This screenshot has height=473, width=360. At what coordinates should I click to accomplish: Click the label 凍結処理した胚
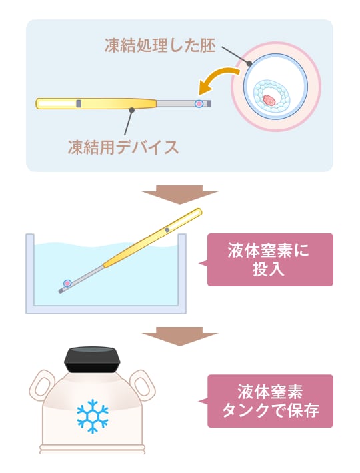tap(160, 45)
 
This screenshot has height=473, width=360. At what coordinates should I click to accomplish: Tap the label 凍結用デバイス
tap(123, 147)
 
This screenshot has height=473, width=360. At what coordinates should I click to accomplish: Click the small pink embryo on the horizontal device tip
tap(199, 104)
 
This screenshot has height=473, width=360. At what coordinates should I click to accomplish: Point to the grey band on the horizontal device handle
tap(79, 103)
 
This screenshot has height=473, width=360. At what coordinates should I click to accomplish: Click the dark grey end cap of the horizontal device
tap(209, 104)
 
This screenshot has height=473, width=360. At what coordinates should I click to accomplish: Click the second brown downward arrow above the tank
tap(180, 336)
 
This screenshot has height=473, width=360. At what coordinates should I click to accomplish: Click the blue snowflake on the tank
tap(93, 416)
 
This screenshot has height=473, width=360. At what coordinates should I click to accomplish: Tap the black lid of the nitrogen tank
tap(92, 360)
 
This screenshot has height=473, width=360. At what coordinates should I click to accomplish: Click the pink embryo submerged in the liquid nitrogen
tap(67, 283)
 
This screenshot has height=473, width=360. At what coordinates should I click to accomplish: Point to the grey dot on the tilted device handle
tap(167, 230)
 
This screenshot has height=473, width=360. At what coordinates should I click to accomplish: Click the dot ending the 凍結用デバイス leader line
tap(131, 110)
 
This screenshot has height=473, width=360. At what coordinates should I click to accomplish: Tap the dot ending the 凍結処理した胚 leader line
tap(249, 64)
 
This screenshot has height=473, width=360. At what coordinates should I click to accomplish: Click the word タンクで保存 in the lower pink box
tap(271, 411)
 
